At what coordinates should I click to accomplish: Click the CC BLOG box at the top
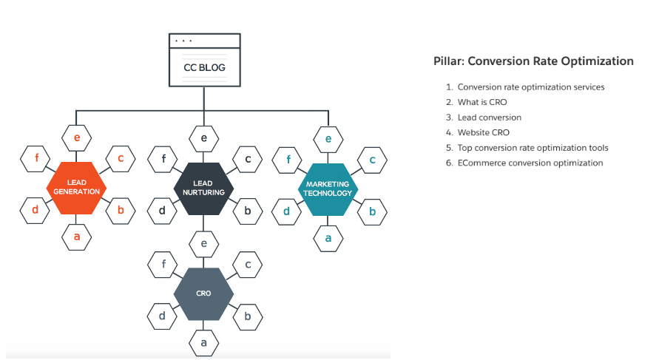[204, 67]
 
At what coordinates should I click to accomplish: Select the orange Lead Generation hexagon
[77, 187]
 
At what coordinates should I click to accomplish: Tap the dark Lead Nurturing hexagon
[203, 187]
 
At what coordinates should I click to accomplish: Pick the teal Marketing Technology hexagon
[329, 189]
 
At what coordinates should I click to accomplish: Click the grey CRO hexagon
[203, 293]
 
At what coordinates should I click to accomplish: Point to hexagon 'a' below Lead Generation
[77, 237]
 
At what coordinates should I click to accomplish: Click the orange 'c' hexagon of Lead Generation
[121, 158]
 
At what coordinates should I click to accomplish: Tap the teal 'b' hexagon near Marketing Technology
[373, 212]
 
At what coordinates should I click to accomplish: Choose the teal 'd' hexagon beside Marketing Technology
[287, 212]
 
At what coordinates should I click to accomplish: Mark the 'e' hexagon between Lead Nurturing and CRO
[203, 242]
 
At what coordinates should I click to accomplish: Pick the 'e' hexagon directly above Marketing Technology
[328, 138]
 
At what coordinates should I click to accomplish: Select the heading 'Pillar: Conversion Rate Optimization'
[533, 61]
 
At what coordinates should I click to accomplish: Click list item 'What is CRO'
[482, 102]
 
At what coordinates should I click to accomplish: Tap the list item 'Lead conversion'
[489, 118]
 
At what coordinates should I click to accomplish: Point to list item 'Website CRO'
[484, 133]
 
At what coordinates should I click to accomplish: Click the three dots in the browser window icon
[181, 41]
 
